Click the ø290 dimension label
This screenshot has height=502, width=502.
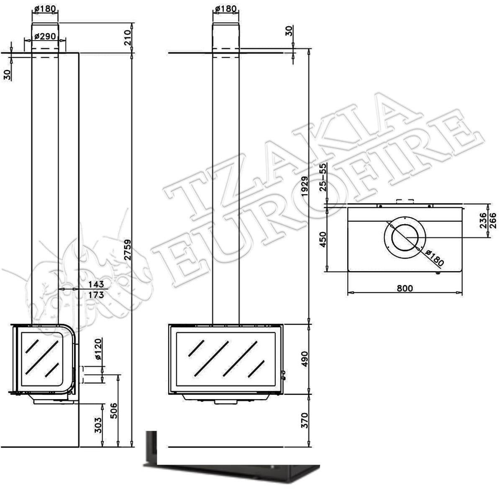click(45, 36)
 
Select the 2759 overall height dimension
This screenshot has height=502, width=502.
click(128, 250)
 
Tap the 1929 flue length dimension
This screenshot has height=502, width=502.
click(304, 186)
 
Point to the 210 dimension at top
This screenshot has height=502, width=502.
click(128, 38)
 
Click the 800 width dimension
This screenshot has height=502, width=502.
click(405, 288)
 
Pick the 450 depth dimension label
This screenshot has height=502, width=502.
click(323, 240)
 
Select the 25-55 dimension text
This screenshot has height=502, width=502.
click(323, 177)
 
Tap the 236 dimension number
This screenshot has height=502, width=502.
click(483, 220)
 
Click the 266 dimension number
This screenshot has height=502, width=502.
click(493, 220)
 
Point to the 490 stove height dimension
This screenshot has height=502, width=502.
click(304, 359)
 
